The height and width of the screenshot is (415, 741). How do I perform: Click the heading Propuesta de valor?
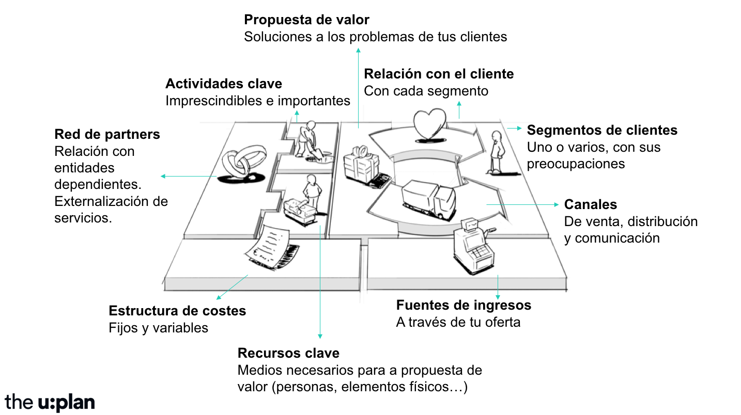point(306,20)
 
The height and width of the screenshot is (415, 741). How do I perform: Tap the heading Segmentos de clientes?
point(602,130)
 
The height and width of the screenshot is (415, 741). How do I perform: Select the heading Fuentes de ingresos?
point(464,305)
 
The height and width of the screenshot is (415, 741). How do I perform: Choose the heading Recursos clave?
point(288,354)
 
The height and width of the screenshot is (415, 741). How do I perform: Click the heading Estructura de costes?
point(177,311)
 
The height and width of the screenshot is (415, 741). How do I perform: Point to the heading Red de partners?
point(107,135)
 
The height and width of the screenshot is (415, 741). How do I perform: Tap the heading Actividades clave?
point(224,84)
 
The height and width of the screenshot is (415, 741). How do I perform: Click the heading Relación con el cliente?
point(439,74)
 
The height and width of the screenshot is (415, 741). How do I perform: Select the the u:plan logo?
point(50,402)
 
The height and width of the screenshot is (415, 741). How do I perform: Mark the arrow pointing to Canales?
point(522,204)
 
